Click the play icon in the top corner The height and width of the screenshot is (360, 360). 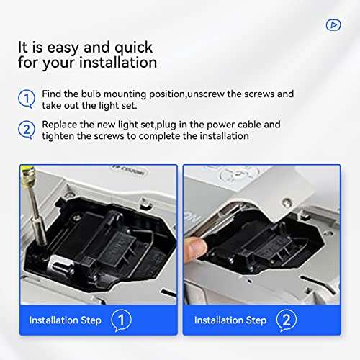point(333,24)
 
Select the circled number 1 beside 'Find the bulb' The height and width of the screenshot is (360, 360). point(26,99)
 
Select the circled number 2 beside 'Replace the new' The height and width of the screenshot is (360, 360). point(26,130)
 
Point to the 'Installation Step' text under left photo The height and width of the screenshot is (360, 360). point(66,320)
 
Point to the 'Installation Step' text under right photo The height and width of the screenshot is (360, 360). point(230,320)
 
